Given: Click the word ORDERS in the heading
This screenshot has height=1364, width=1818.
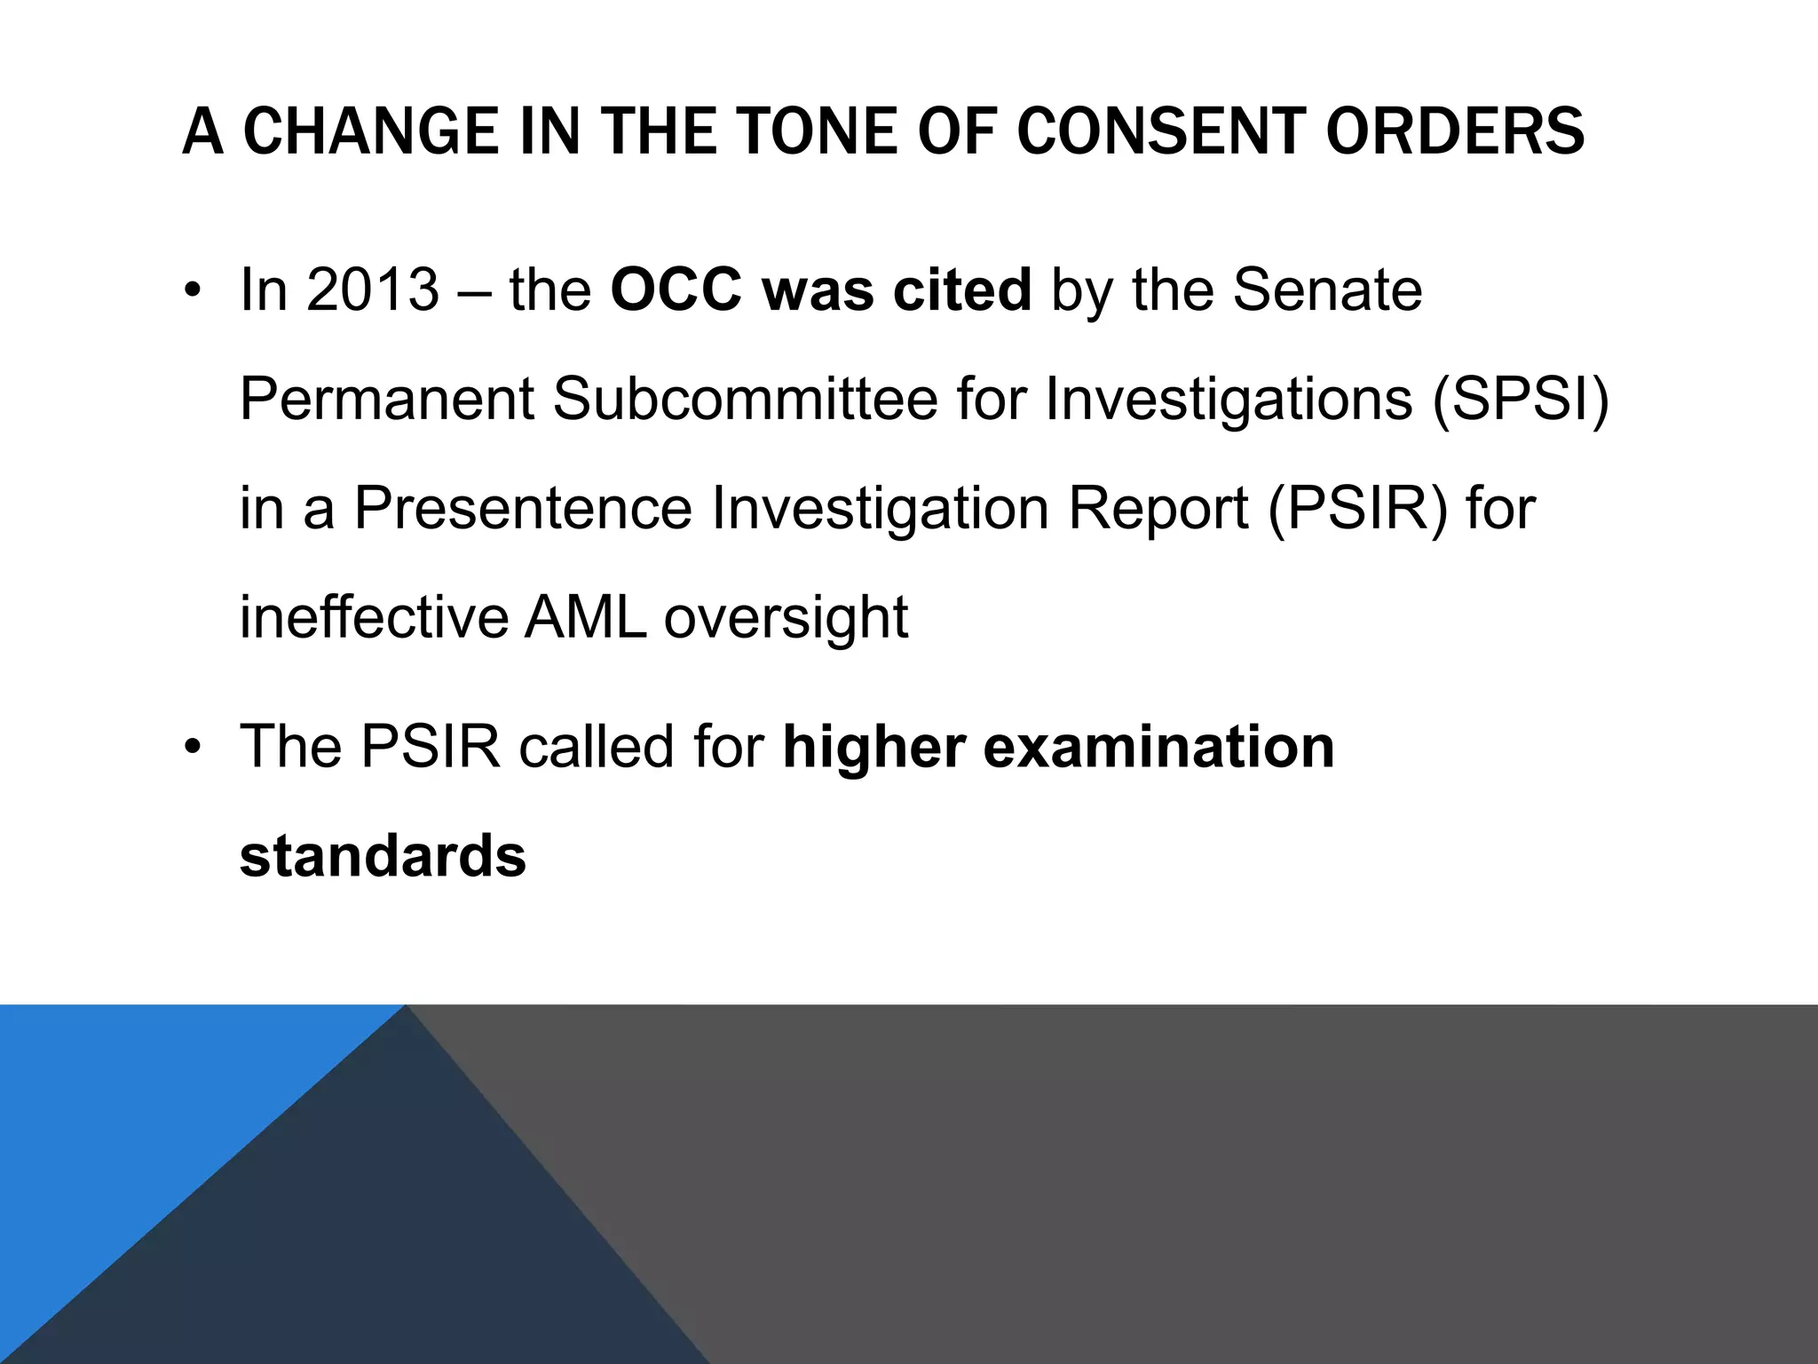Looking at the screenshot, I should click(1455, 132).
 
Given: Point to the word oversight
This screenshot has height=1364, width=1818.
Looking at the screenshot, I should click(786, 619).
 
